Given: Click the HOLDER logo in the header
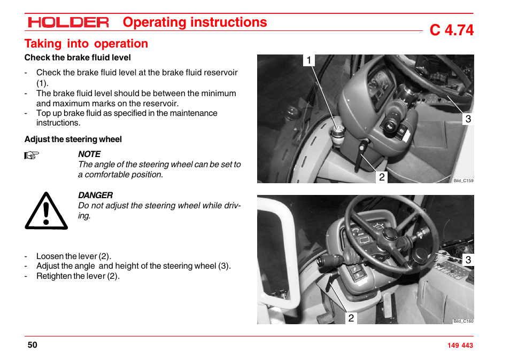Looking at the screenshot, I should tap(68, 22).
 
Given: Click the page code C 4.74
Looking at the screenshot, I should tap(451, 30).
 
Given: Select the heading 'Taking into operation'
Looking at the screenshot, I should tap(86, 44).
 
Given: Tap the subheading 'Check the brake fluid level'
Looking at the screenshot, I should tap(78, 58).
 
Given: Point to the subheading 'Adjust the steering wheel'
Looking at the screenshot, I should tap(73, 139).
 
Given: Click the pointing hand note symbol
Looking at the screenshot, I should tap(32, 156).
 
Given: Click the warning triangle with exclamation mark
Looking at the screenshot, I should tap(46, 211).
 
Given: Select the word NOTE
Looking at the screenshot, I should tap(89, 154).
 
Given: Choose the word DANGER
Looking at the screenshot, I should tap(95, 195).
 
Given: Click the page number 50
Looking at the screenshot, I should tap(33, 345).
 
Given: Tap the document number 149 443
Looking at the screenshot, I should tap(460, 346).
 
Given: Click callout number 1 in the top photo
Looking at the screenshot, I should tap(308, 60).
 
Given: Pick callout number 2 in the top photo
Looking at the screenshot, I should tap(382, 177).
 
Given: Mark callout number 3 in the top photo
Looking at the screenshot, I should tap(468, 119).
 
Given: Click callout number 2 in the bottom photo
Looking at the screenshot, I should tap(351, 318).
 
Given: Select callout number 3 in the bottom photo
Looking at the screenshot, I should tap(468, 260).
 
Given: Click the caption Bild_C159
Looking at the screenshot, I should tap(463, 181).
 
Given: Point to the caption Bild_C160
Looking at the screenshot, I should tap(463, 322).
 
